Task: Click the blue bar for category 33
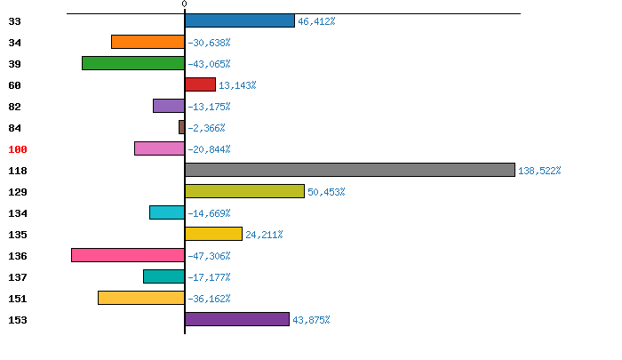click(240, 20)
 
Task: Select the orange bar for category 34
click(148, 42)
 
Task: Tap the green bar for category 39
click(133, 63)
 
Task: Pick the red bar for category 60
click(200, 84)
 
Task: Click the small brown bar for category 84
click(181, 127)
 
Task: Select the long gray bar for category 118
click(349, 170)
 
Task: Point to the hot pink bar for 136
click(128, 255)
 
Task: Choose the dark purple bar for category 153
click(237, 319)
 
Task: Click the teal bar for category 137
click(163, 276)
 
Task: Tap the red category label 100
click(19, 149)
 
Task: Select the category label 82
click(15, 107)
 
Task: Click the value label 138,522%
click(540, 171)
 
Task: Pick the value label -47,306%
click(209, 256)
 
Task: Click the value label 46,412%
click(316, 21)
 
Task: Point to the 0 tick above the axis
click(185, 4)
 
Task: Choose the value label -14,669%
click(209, 213)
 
